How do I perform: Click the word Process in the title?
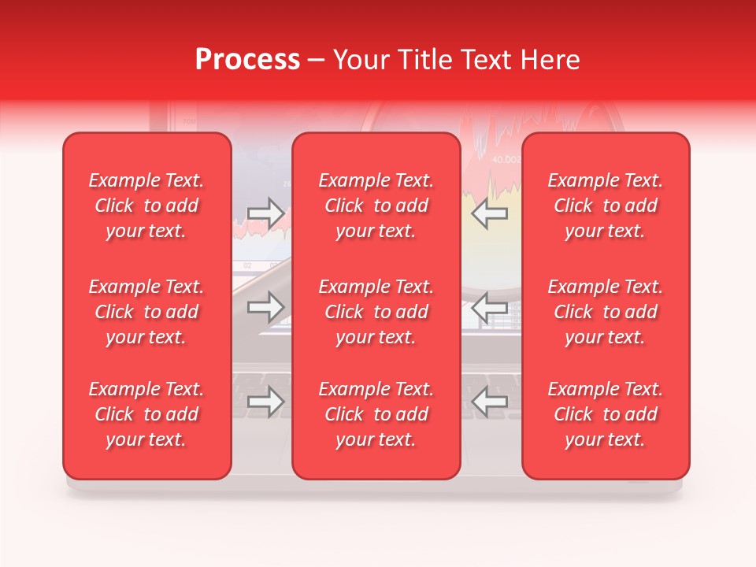click(x=247, y=60)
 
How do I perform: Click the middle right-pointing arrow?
click(x=265, y=307)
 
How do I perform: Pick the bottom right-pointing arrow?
click(x=265, y=402)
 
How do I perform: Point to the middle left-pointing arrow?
click(x=490, y=307)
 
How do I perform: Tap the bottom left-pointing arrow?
click(x=490, y=402)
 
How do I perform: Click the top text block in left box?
click(x=146, y=206)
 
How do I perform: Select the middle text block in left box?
click(x=146, y=312)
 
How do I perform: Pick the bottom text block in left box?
click(x=146, y=414)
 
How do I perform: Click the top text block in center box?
click(x=376, y=206)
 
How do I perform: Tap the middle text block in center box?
click(x=376, y=312)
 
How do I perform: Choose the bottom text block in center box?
click(x=376, y=414)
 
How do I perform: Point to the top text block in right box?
click(x=606, y=206)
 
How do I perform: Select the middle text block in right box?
click(x=606, y=312)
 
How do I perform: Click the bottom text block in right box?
click(x=606, y=414)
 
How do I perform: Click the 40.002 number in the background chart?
click(x=507, y=159)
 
